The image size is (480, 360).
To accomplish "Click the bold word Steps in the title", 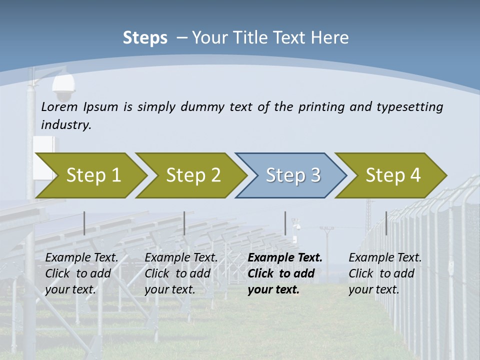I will coord(145,38).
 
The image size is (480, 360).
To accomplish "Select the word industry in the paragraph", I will coord(65,125).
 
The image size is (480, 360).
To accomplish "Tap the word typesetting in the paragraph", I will coord(409,107).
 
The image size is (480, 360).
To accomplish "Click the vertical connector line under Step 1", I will coord(84,223).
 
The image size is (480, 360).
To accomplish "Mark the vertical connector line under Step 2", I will coord(184,223).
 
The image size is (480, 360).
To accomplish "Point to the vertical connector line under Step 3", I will coord(285,223).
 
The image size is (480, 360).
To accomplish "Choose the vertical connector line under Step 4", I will coord(386,223).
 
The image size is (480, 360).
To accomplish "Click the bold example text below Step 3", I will coord(284,273).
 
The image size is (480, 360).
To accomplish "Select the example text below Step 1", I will coord(81,273).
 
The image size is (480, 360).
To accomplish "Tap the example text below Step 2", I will coord(180,273).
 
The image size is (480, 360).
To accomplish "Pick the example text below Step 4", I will coord(384,273).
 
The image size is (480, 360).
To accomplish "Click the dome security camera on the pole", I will coord(63,88).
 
